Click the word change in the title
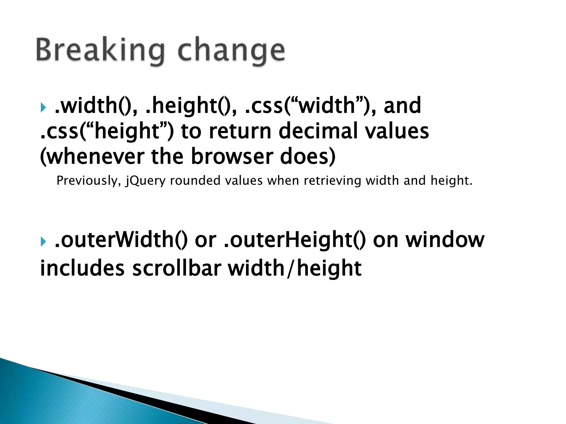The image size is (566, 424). tap(231, 50)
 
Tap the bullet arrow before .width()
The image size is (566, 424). tap(43, 107)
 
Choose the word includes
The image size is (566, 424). tap(82, 268)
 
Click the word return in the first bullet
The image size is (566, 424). tap(240, 131)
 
